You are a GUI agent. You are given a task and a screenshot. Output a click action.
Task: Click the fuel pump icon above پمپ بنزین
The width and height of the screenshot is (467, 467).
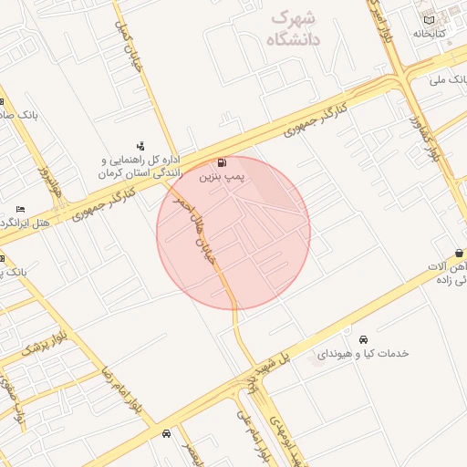(x=224, y=161)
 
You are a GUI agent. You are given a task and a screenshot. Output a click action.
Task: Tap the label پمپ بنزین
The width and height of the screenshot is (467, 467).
(x=224, y=174)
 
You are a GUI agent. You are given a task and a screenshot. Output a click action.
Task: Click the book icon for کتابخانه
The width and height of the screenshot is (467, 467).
(x=429, y=20)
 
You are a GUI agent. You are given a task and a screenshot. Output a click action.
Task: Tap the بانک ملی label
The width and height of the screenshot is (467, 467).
(x=451, y=80)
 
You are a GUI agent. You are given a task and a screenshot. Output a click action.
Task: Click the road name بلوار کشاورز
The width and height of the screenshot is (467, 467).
(x=424, y=137)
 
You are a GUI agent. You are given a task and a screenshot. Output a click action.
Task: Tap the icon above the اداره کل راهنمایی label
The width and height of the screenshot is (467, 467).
(x=140, y=146)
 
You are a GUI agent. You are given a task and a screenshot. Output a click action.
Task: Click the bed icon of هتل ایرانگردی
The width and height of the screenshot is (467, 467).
(x=20, y=210)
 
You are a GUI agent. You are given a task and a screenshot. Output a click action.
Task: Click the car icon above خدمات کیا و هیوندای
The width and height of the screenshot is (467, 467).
(x=363, y=339)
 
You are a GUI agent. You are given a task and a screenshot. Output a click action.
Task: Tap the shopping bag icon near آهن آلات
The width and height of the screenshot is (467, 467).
(x=459, y=253)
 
